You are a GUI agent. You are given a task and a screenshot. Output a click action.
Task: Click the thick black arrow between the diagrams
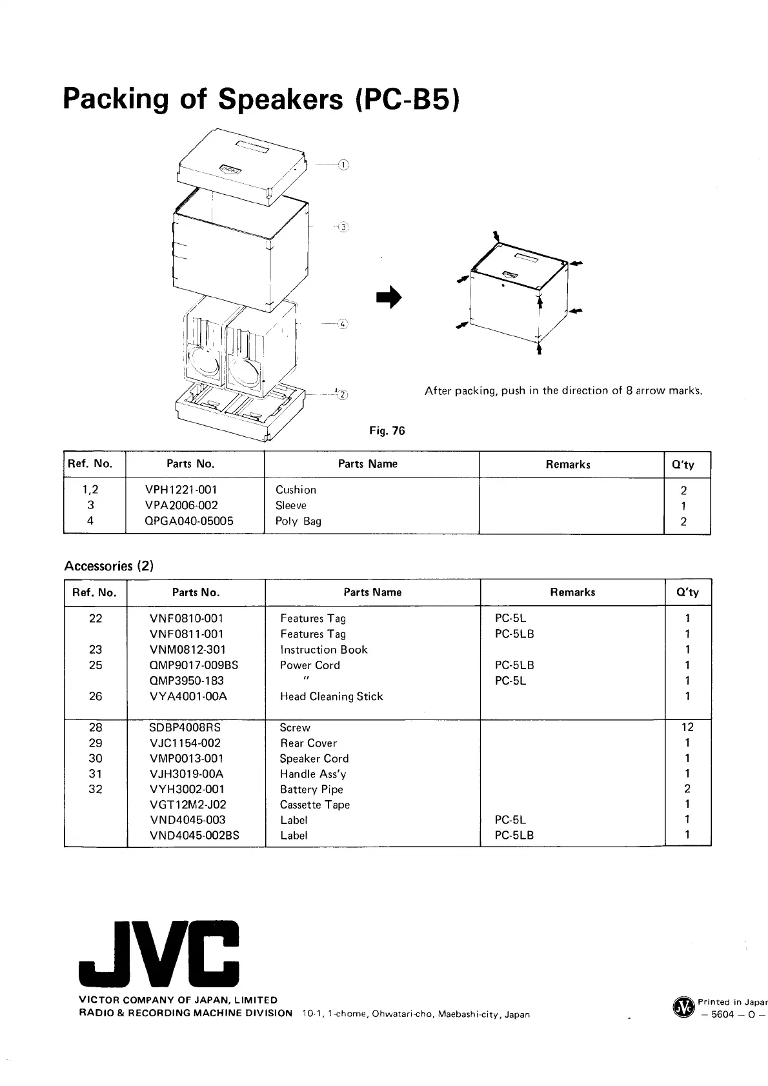click(389, 297)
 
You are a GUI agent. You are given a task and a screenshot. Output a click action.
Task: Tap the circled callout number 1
click(343, 165)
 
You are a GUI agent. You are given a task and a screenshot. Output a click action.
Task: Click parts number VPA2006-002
click(181, 505)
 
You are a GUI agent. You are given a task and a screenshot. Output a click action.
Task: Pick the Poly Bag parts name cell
click(298, 521)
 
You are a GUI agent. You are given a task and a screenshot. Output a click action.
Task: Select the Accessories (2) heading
click(108, 566)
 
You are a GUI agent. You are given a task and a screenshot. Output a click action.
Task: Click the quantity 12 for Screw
click(687, 727)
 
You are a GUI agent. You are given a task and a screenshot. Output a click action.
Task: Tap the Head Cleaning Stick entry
click(331, 696)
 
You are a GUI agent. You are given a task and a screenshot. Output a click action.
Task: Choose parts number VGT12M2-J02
click(188, 805)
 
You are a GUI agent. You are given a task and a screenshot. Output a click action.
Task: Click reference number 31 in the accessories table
click(96, 774)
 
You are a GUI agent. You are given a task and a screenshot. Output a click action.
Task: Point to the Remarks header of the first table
click(568, 464)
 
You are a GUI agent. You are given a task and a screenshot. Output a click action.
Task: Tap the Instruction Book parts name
click(323, 650)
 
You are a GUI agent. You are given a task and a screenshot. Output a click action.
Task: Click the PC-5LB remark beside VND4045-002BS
click(514, 835)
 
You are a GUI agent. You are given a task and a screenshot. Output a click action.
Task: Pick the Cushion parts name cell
click(296, 490)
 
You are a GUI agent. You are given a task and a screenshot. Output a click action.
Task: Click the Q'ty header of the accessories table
click(687, 592)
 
